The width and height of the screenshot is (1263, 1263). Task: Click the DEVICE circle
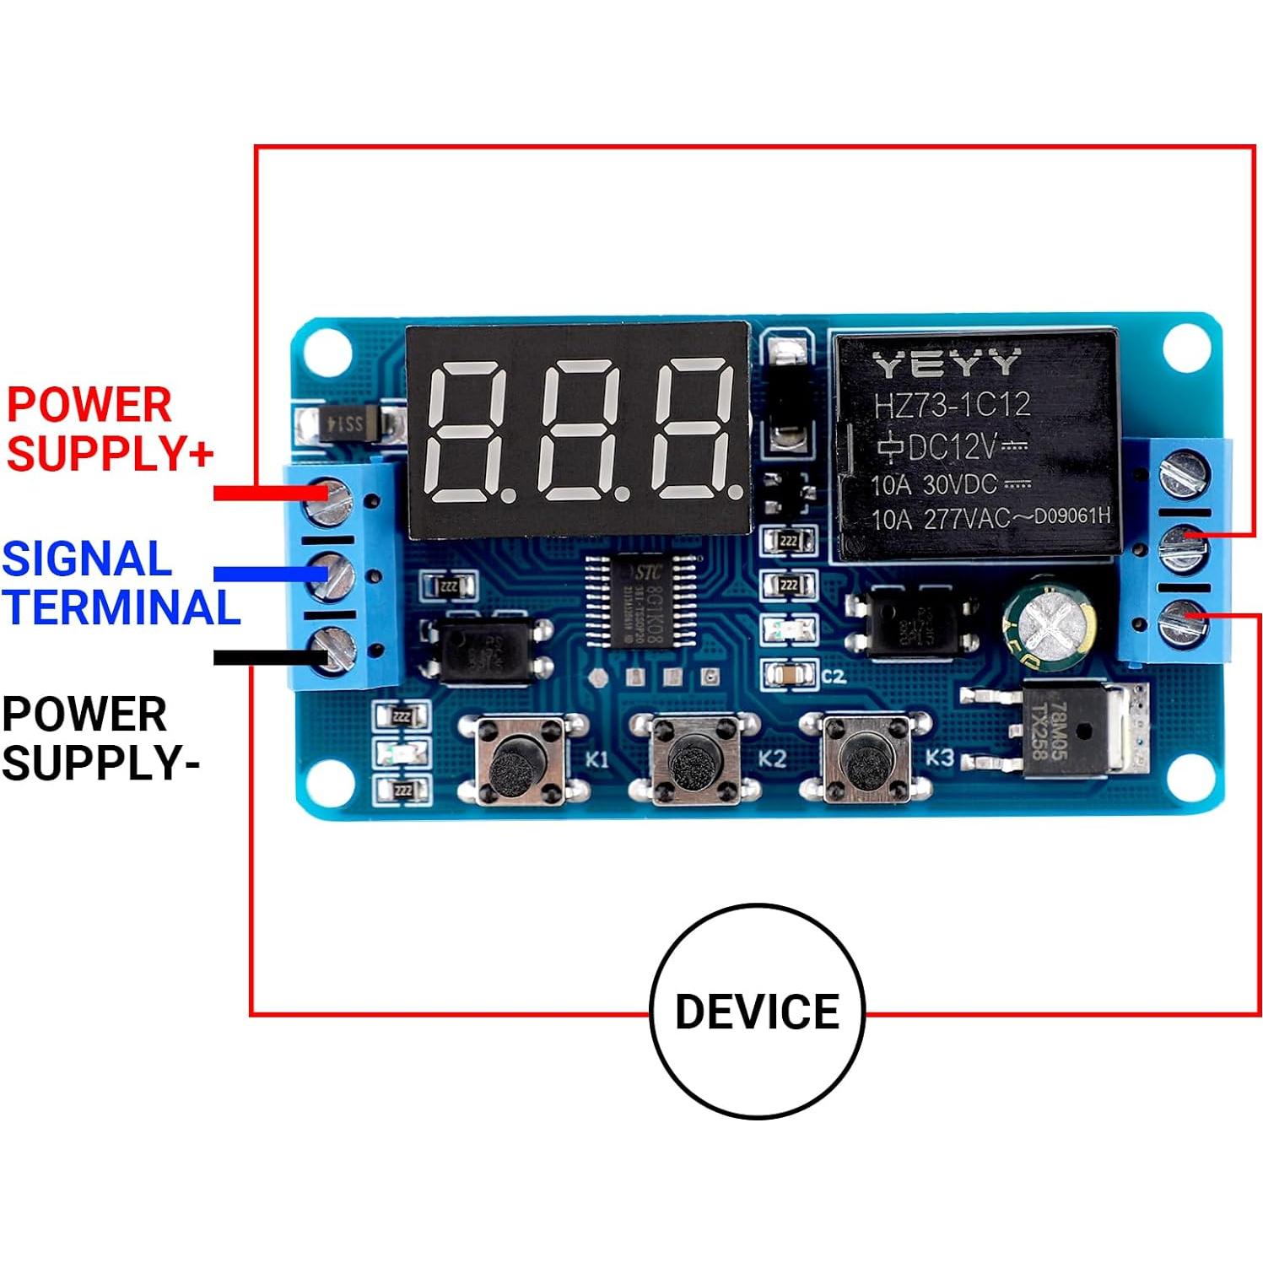757,1011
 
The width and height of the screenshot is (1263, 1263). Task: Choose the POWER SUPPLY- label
100,738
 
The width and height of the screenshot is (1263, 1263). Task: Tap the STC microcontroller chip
640,600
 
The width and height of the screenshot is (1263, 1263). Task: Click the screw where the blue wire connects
333,575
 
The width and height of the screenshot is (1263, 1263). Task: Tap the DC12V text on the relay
950,445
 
